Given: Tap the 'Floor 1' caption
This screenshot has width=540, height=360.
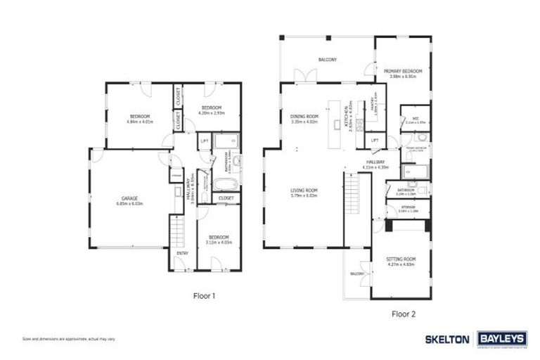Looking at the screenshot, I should click(x=204, y=296).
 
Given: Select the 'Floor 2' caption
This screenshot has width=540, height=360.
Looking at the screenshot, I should click(x=405, y=314).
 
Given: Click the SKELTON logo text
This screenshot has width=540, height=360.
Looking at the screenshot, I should click(x=446, y=338).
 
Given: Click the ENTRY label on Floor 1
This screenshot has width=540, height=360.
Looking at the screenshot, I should click(x=182, y=253).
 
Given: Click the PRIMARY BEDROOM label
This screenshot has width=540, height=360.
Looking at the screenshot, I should click(x=403, y=72).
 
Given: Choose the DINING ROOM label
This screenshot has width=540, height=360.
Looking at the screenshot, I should click(x=304, y=117).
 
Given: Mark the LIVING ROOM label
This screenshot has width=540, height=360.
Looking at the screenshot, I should click(x=304, y=191).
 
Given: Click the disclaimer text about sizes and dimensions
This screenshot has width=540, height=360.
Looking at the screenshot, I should click(x=68, y=339).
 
